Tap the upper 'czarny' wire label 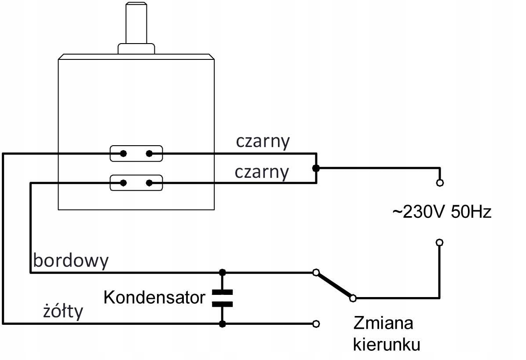click(x=263, y=141)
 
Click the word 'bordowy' click(x=71, y=261)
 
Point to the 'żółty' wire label click(x=63, y=311)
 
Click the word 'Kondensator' click(x=154, y=298)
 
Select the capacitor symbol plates click(x=223, y=298)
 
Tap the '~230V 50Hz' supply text click(x=442, y=213)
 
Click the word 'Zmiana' click(x=384, y=323)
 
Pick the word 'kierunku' click(x=387, y=344)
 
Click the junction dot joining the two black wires click(x=315, y=168)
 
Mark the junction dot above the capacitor click(x=223, y=272)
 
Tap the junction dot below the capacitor click(x=223, y=324)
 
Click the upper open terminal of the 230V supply click(x=439, y=182)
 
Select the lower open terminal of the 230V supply click(x=439, y=242)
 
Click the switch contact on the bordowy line click(x=315, y=272)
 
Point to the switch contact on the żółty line click(x=315, y=324)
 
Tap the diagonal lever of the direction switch click(x=334, y=285)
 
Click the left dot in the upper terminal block click(x=124, y=154)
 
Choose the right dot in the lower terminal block click(x=149, y=183)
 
